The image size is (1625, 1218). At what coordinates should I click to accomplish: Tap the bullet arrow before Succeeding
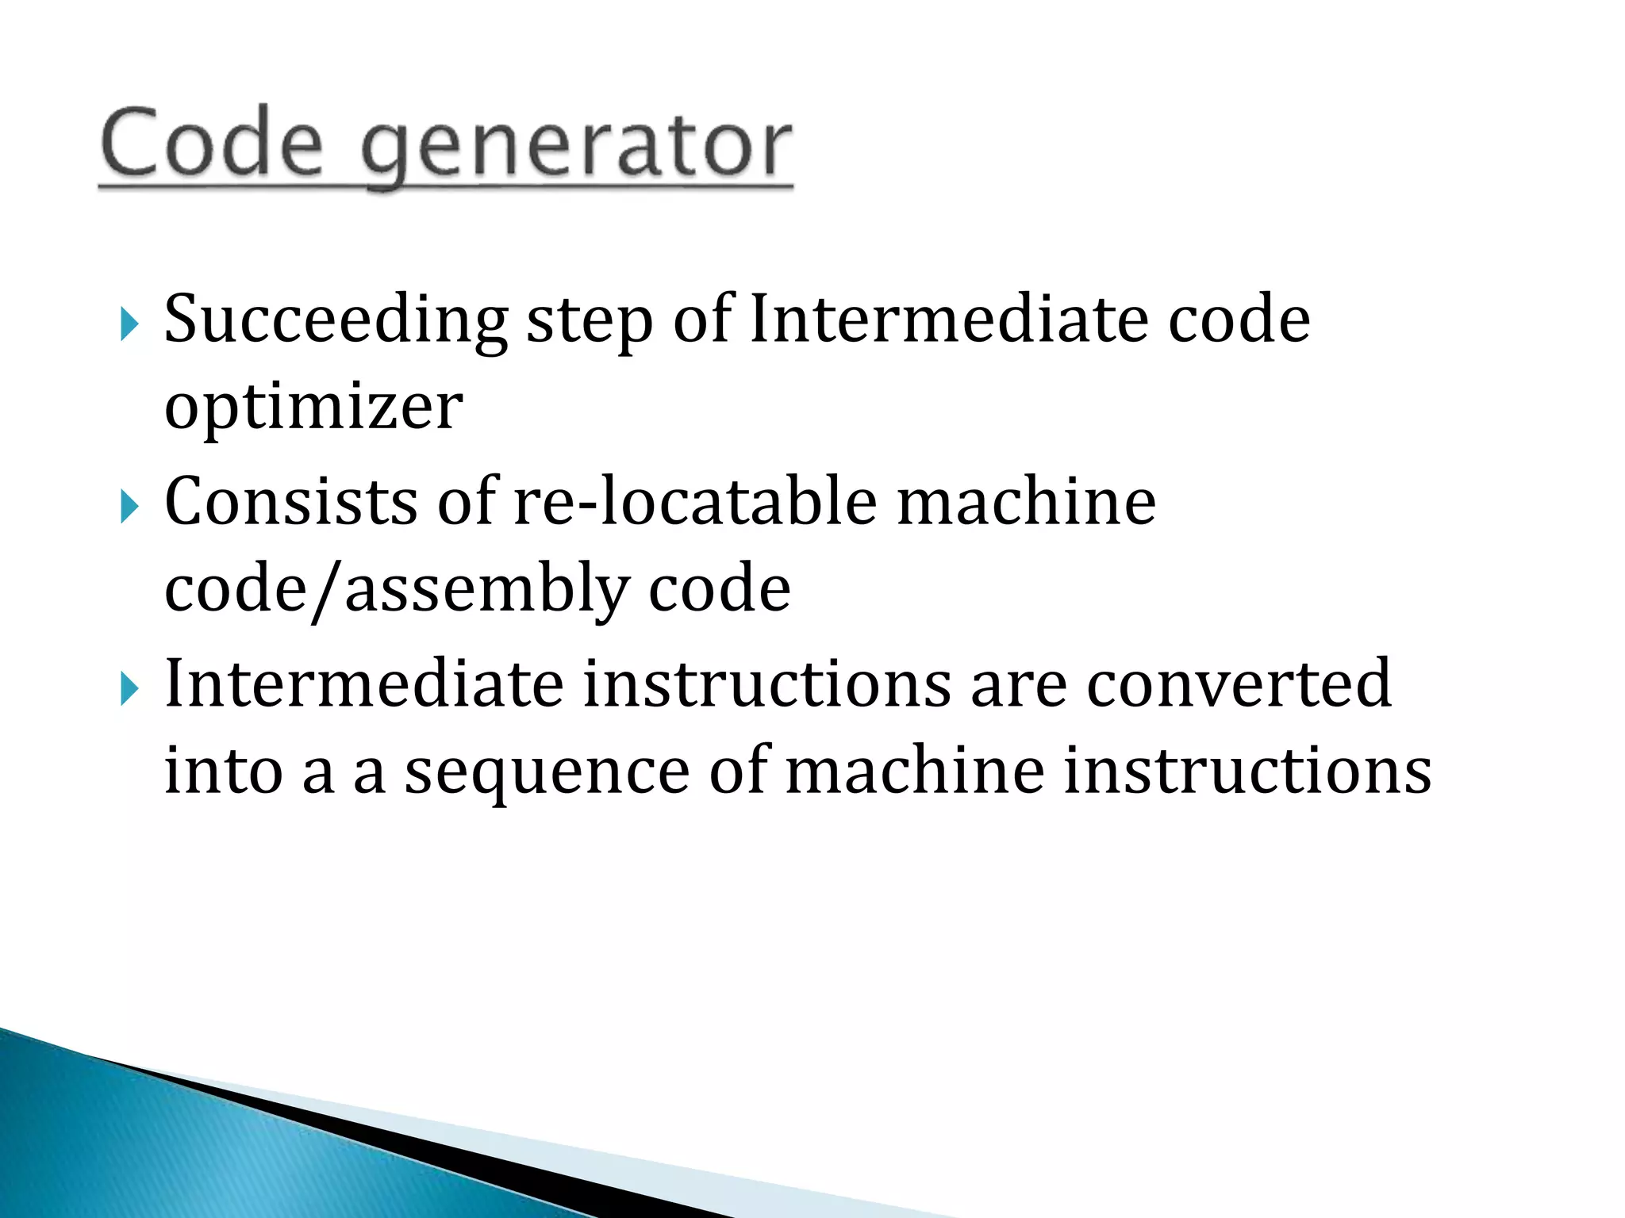click(x=129, y=324)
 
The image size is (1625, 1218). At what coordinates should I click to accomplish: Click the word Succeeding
click(x=336, y=321)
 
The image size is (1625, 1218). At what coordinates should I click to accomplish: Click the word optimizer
click(x=313, y=409)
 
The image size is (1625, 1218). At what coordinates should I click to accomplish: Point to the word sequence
click(x=547, y=773)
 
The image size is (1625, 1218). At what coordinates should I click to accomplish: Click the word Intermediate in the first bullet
click(x=949, y=320)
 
